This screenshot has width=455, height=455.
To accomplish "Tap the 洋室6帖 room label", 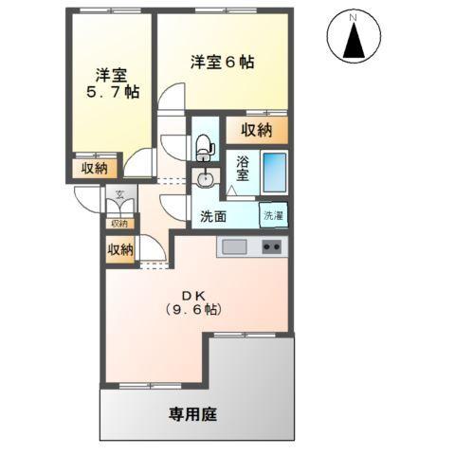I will [222, 63].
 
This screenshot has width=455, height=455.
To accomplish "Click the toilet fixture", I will [204, 144].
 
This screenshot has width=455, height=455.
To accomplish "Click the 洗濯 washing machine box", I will [274, 215].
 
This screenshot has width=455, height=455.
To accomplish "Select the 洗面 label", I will [212, 216].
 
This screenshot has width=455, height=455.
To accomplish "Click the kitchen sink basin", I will [233, 247].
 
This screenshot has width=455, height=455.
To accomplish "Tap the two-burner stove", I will [271, 247].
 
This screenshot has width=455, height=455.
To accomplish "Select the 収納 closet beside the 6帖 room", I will [256, 129].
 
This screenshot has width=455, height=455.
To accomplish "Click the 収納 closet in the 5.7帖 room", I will [93, 169].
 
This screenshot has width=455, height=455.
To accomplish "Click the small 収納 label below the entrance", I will [118, 224].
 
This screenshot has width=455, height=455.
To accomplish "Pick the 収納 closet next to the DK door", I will [119, 249].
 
